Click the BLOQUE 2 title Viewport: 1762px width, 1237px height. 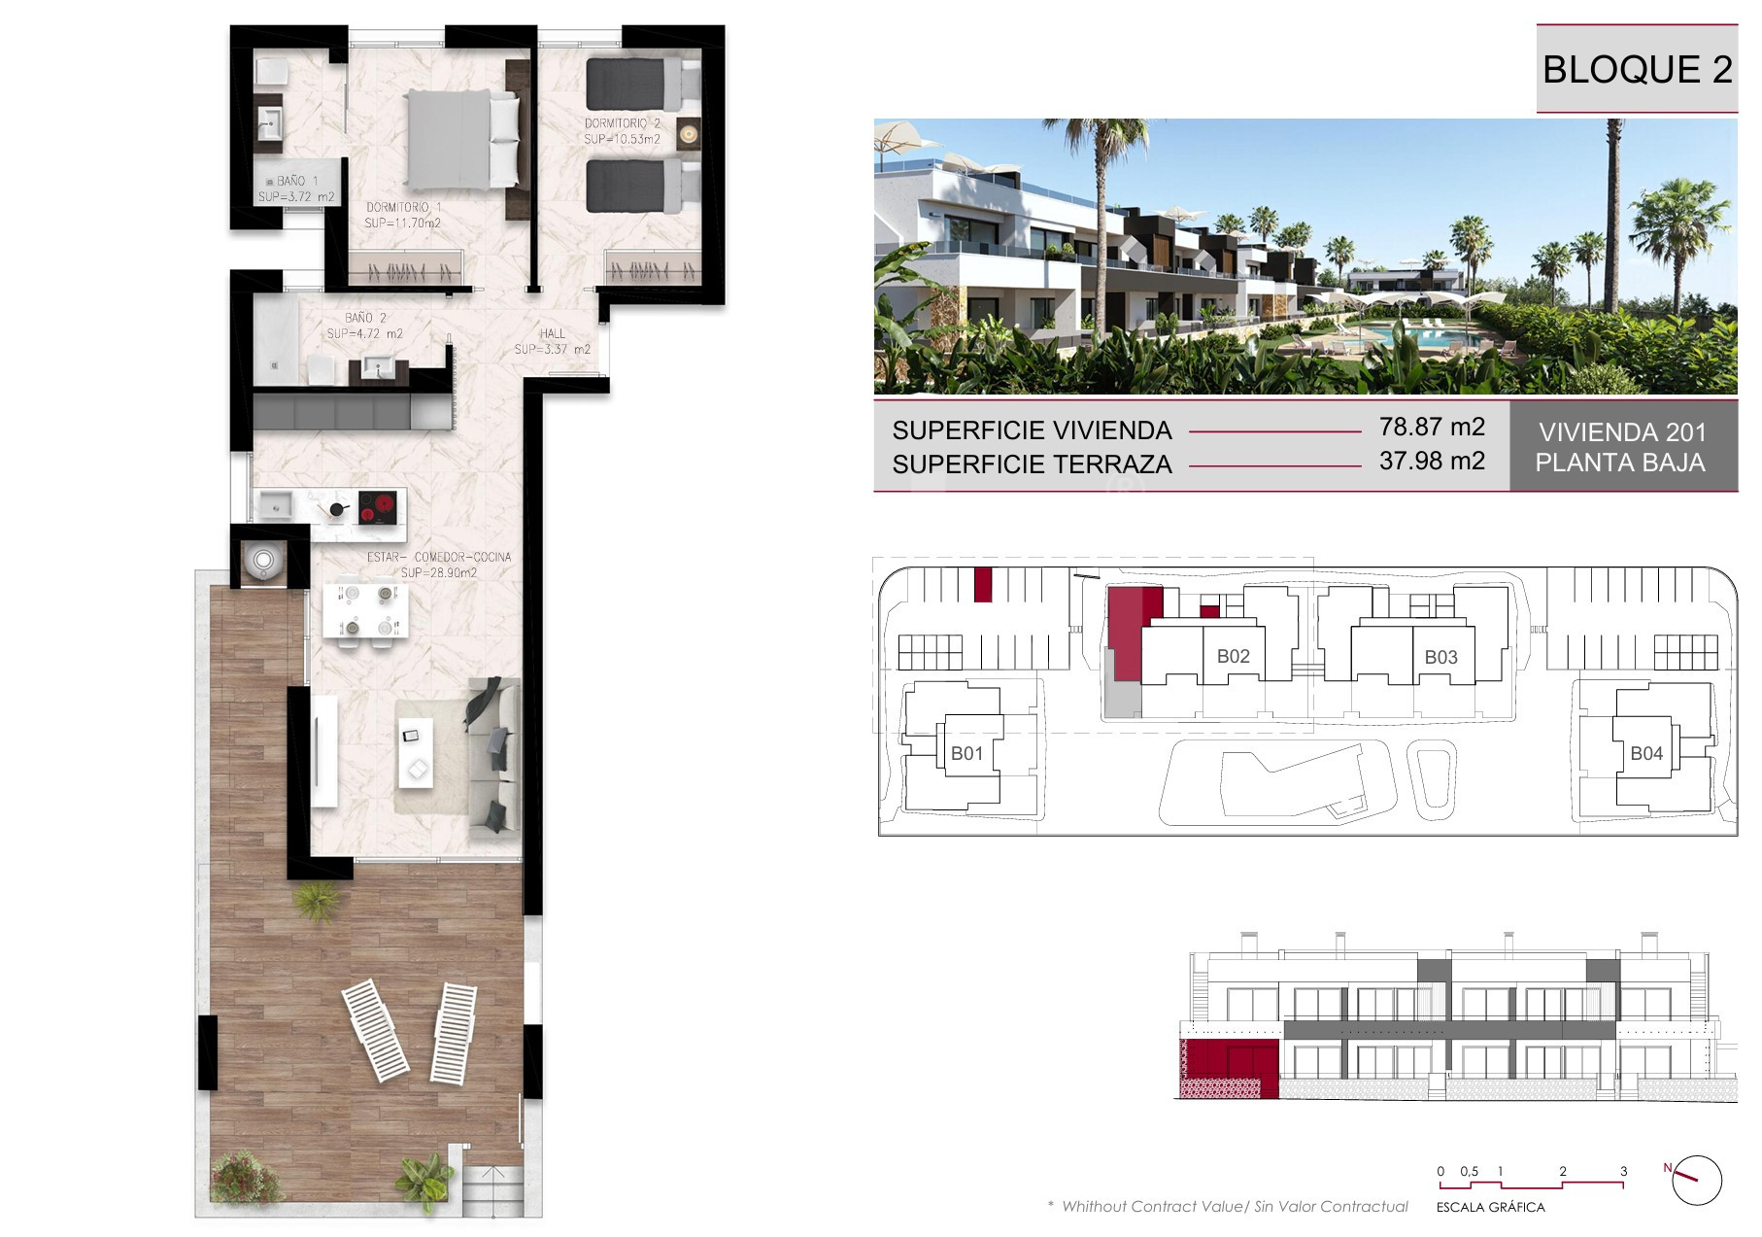pyautogui.click(x=1637, y=69)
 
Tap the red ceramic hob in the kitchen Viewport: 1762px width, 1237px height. pyautogui.click(x=378, y=508)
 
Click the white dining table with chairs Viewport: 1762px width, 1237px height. pyautogui.click(x=361, y=607)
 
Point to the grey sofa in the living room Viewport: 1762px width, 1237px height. pyautogui.click(x=494, y=757)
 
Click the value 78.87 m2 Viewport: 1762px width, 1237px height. pyautogui.click(x=1432, y=427)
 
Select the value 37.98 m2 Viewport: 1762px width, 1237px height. pyautogui.click(x=1432, y=461)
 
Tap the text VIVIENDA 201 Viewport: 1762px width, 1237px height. pyautogui.click(x=1622, y=432)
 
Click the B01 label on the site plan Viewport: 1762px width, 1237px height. pyautogui.click(x=966, y=753)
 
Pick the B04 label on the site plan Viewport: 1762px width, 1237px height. pyautogui.click(x=1646, y=753)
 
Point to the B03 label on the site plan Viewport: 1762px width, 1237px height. pyautogui.click(x=1440, y=657)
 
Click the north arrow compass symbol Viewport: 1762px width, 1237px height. pyautogui.click(x=1696, y=1180)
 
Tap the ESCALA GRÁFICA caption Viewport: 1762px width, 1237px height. pyautogui.click(x=1490, y=1208)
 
